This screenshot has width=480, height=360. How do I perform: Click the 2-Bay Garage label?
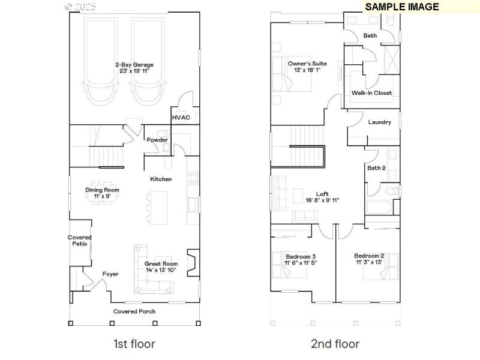click(134, 64)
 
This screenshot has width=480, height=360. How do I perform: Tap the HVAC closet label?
click(181, 118)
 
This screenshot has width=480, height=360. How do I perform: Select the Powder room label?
click(157, 140)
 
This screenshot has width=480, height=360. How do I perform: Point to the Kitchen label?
click(161, 179)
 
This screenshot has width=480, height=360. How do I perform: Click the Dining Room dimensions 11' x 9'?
click(102, 196)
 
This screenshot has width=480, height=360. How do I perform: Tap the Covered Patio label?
click(79, 241)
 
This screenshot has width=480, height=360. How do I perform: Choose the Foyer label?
click(110, 274)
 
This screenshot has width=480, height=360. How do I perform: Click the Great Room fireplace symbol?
click(192, 262)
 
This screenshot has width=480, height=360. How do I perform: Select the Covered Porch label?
click(134, 311)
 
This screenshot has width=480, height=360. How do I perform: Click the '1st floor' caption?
click(134, 344)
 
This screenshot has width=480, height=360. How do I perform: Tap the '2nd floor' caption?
click(335, 344)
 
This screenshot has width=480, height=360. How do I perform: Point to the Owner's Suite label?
click(304, 63)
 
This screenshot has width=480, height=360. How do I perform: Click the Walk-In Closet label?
click(371, 93)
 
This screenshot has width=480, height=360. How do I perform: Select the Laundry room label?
click(379, 122)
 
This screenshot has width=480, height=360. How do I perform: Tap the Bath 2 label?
click(376, 167)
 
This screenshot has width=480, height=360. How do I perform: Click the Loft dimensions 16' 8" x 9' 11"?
click(322, 200)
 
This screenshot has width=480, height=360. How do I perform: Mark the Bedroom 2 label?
click(369, 256)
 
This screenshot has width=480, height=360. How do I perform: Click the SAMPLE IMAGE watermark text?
click(401, 7)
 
